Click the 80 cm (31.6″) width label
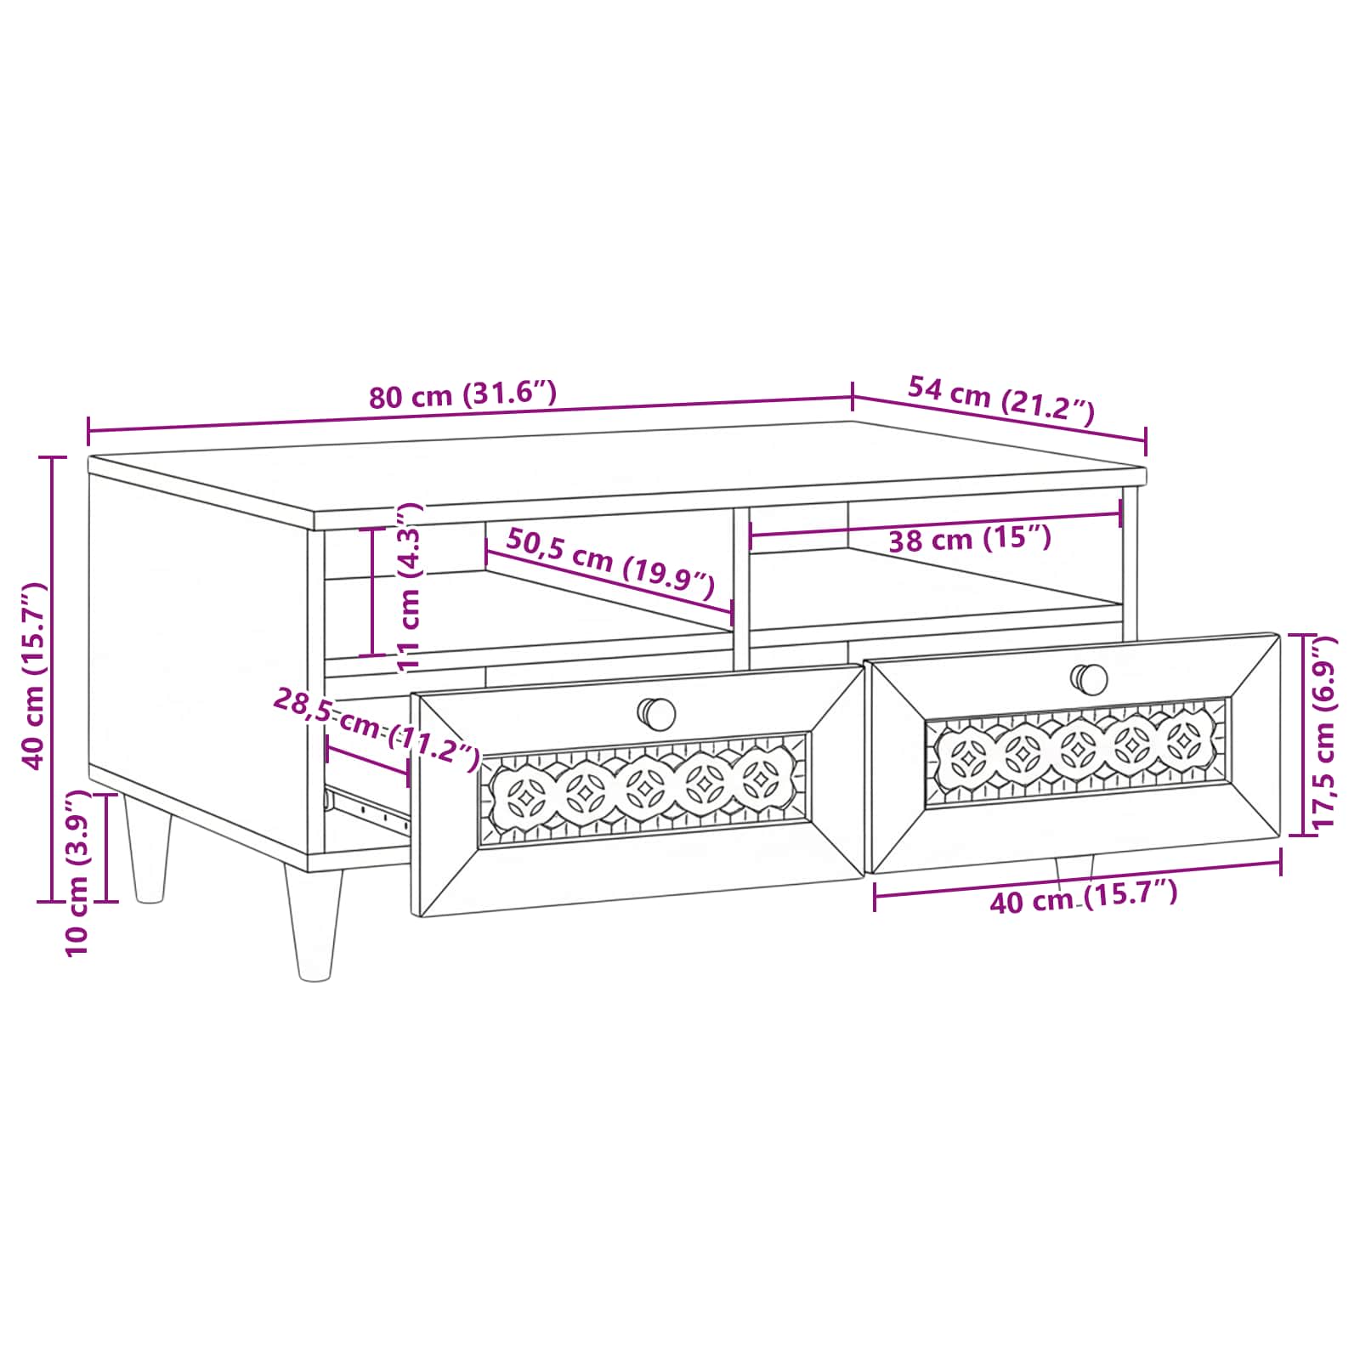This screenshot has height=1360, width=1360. coord(462,394)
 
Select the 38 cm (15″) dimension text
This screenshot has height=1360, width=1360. coord(970,539)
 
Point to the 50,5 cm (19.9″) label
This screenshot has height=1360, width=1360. coord(610,563)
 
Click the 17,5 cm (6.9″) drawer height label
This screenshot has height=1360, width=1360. coord(1323,732)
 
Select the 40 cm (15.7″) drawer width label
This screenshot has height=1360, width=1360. coord(1084,898)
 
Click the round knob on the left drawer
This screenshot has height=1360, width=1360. coord(656,714)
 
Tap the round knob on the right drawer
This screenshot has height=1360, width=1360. coord(1089,679)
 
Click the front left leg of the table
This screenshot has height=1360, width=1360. coord(314,923)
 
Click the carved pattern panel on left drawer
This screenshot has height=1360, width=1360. coord(643,790)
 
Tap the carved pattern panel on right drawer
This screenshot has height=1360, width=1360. coord(1077,752)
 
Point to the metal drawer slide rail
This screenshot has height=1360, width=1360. coord(367,804)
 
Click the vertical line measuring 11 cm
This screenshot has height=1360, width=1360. coord(372,592)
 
